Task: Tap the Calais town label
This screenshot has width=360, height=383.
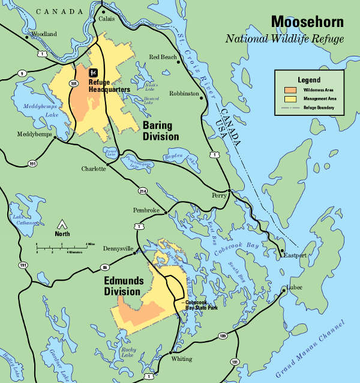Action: [x=106, y=18]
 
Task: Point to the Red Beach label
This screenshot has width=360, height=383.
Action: [x=163, y=57]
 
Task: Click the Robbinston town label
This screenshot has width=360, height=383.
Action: [x=184, y=94]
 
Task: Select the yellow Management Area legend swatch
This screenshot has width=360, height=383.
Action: [x=289, y=98]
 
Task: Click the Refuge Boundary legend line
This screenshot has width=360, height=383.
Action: [x=289, y=107]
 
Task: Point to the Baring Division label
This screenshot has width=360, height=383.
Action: [x=160, y=131]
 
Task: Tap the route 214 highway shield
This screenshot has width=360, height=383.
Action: [x=143, y=191]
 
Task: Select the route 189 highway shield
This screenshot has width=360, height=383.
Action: [x=223, y=336]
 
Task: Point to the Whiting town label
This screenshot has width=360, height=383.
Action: [x=182, y=359]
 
